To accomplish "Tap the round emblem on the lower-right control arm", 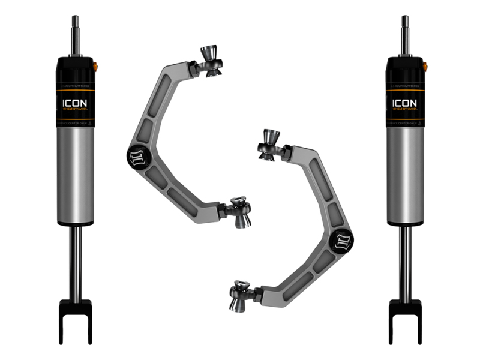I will click(x=345, y=240).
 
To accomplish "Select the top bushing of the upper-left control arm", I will click(x=212, y=60).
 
